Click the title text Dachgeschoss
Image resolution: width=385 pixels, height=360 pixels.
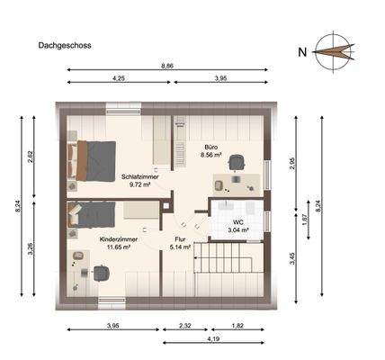[x=65, y=43]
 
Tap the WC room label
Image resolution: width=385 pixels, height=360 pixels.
[x=238, y=225]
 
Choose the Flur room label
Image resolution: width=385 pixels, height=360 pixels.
[x=180, y=242]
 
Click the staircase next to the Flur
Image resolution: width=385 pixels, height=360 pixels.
[x=229, y=265]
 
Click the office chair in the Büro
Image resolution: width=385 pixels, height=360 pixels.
[x=237, y=161]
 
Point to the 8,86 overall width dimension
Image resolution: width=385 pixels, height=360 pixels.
[x=167, y=67]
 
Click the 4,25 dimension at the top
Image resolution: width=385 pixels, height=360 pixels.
[x=118, y=79]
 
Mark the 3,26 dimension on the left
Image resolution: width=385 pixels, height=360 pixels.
[x=30, y=249]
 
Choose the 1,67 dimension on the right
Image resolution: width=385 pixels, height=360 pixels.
[x=305, y=219]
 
